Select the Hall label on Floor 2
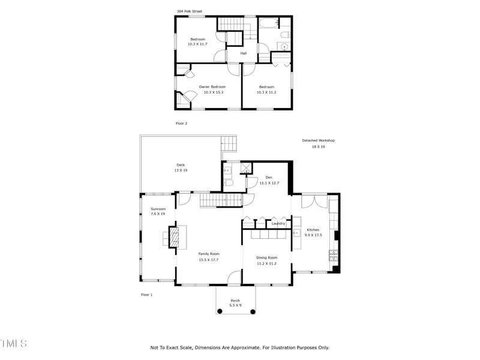point(244,53)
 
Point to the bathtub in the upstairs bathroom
point(268,25)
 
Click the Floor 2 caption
point(182,124)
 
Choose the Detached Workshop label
point(318,140)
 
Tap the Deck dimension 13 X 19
point(181,170)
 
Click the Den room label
point(269,177)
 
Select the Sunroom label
point(158,209)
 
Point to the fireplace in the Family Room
point(174,236)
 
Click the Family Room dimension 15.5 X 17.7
point(209,259)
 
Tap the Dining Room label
point(266,258)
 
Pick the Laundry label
point(278,224)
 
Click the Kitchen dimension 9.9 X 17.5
point(313,235)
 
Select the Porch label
point(235,300)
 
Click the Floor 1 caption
point(147,295)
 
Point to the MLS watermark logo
point(13,344)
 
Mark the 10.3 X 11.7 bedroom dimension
point(197,44)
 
